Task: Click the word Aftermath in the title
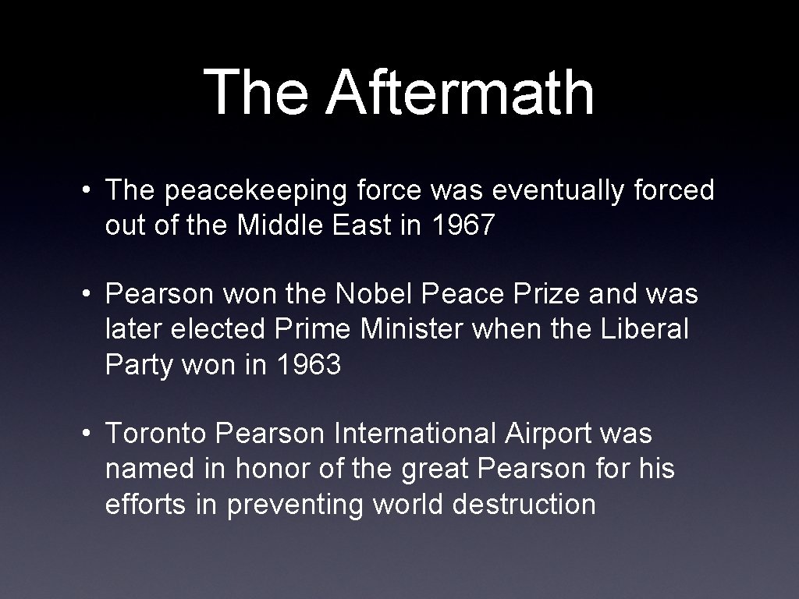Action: click(x=460, y=92)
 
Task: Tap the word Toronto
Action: click(x=157, y=433)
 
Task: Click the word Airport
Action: click(x=549, y=434)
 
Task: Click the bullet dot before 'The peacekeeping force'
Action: click(x=92, y=190)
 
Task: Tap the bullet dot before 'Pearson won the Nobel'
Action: click(x=92, y=295)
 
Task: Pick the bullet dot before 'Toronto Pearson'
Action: click(x=92, y=433)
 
